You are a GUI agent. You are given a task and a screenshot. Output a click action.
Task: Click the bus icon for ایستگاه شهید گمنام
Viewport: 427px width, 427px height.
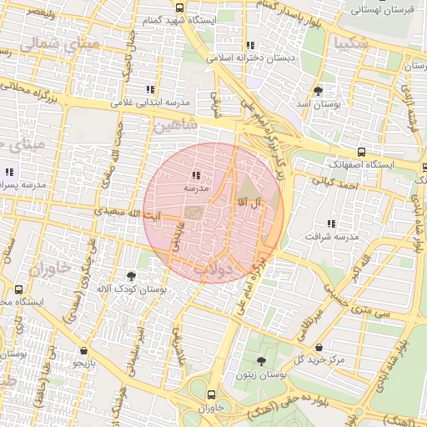pyautogui.click(x=180, y=8)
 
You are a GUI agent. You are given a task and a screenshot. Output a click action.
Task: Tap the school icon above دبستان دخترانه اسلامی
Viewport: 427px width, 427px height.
pyautogui.click(x=249, y=46)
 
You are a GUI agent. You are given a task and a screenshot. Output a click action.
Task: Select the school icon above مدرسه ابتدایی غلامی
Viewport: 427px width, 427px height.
pyautogui.click(x=150, y=89)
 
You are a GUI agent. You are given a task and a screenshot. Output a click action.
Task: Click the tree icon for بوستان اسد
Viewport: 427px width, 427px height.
pyautogui.click(x=318, y=91)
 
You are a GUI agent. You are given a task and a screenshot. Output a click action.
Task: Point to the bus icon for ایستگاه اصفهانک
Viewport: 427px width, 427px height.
pyautogui.click(x=361, y=152)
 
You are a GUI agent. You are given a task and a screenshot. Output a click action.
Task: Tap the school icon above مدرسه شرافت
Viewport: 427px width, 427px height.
pyautogui.click(x=332, y=224)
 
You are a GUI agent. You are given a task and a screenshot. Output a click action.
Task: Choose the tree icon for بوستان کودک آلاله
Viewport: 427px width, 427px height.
pyautogui.click(x=131, y=276)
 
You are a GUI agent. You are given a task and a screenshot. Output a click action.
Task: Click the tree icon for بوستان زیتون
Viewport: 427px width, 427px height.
pyautogui.click(x=262, y=361)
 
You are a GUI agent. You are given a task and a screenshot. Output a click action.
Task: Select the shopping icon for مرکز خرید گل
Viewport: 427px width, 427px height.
pyautogui.click(x=319, y=347)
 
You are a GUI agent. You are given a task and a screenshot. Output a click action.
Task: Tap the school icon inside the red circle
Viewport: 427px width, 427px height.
pyautogui.click(x=196, y=176)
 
